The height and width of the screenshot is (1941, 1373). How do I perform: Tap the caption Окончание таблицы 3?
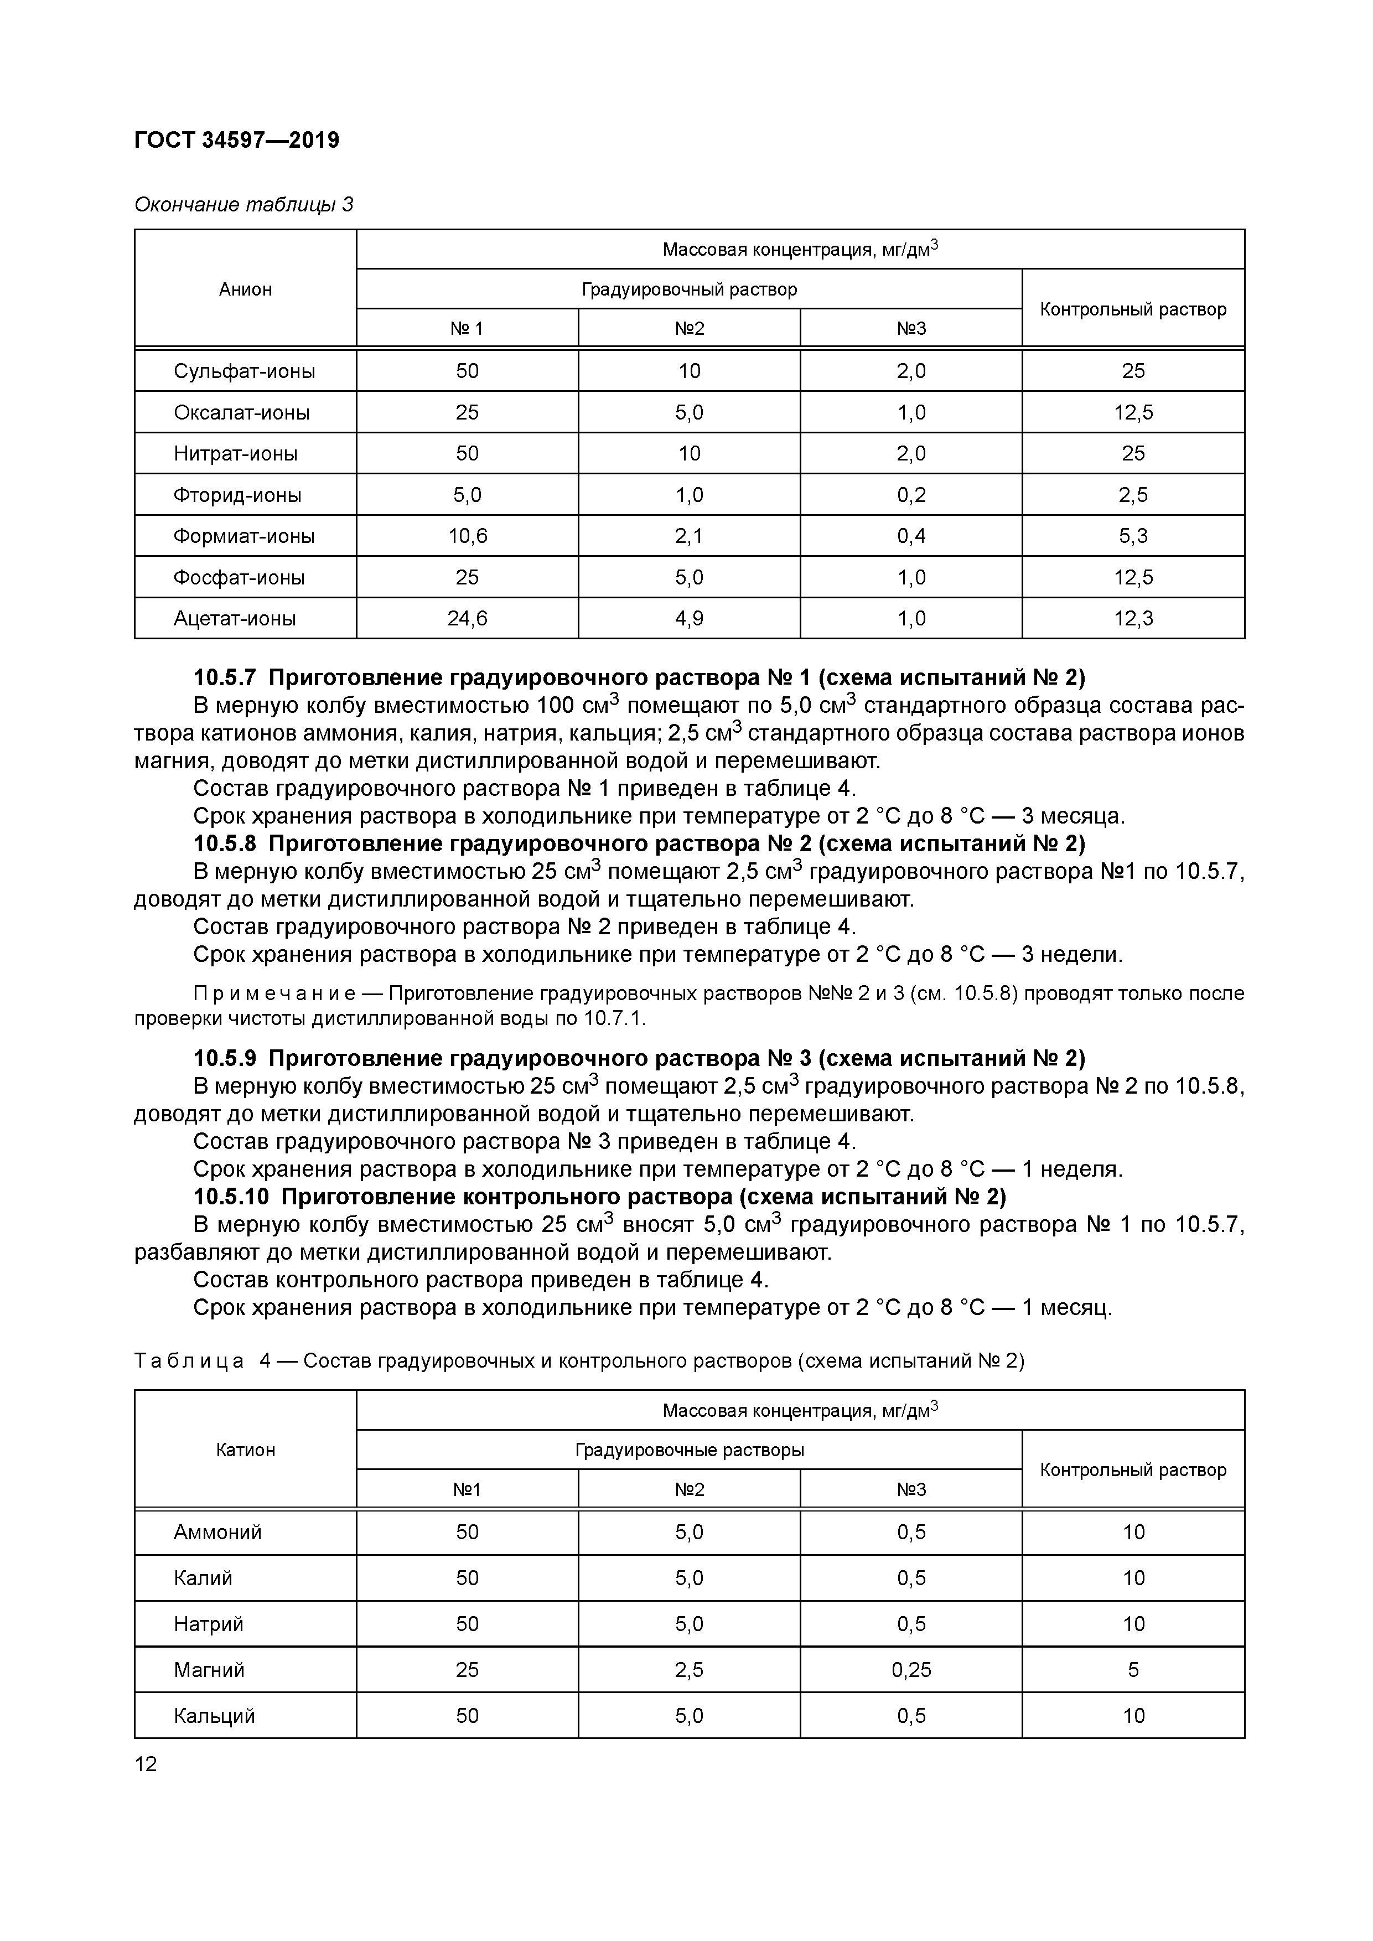point(243,205)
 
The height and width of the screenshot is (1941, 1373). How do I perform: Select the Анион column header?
point(245,289)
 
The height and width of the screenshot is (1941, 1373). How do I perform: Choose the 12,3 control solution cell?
point(1133,619)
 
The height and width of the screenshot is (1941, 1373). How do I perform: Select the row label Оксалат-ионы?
point(242,412)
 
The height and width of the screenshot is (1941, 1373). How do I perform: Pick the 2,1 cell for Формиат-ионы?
point(689,536)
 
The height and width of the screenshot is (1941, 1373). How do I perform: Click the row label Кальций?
point(214,1715)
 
